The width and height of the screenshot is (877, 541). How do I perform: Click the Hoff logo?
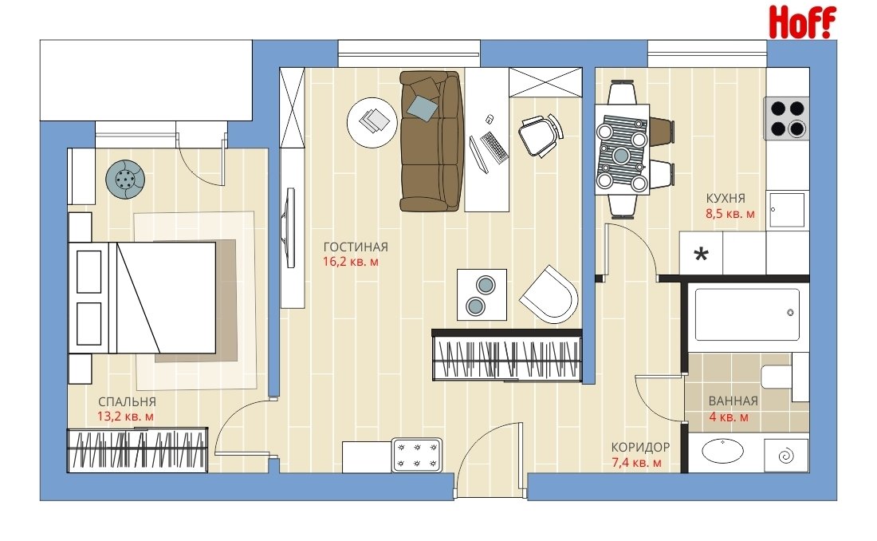(802, 22)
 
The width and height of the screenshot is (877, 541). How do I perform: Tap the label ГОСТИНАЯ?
(356, 247)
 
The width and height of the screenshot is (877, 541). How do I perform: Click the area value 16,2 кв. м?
(351, 262)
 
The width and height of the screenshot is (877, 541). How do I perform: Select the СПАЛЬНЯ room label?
(127, 402)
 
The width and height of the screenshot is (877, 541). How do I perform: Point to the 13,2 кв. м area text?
(125, 417)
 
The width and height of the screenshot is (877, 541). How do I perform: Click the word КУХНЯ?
(726, 198)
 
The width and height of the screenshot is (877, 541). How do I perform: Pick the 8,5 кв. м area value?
(730, 213)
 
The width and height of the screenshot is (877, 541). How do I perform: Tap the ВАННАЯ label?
(733, 401)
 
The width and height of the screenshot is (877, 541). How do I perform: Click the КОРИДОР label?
(640, 448)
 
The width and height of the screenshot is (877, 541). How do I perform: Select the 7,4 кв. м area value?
(637, 463)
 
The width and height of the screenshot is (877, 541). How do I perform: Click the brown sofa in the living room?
(432, 140)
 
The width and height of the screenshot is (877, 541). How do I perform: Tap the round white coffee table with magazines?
(372, 122)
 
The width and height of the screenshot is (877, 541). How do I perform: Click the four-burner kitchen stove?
(787, 118)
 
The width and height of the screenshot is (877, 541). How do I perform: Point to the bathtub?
(747, 314)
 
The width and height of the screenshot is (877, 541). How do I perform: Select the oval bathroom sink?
(722, 451)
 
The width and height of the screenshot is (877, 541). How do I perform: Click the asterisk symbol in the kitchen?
(701, 255)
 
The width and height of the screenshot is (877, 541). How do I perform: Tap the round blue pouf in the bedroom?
(127, 180)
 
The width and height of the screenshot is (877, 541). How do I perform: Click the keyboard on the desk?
(494, 147)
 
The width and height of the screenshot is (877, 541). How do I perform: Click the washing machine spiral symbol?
(786, 456)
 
